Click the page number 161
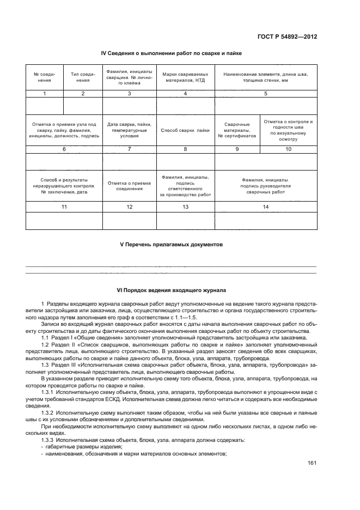312,463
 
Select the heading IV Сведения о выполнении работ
172,53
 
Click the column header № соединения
45,77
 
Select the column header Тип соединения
83,77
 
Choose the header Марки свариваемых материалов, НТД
185,77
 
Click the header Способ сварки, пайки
185,131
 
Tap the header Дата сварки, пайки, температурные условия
129,131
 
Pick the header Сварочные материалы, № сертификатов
237,131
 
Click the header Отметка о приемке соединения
129,185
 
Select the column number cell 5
266,94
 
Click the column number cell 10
289,149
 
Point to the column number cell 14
266,207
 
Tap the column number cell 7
129,149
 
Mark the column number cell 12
129,207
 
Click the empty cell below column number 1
45,106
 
